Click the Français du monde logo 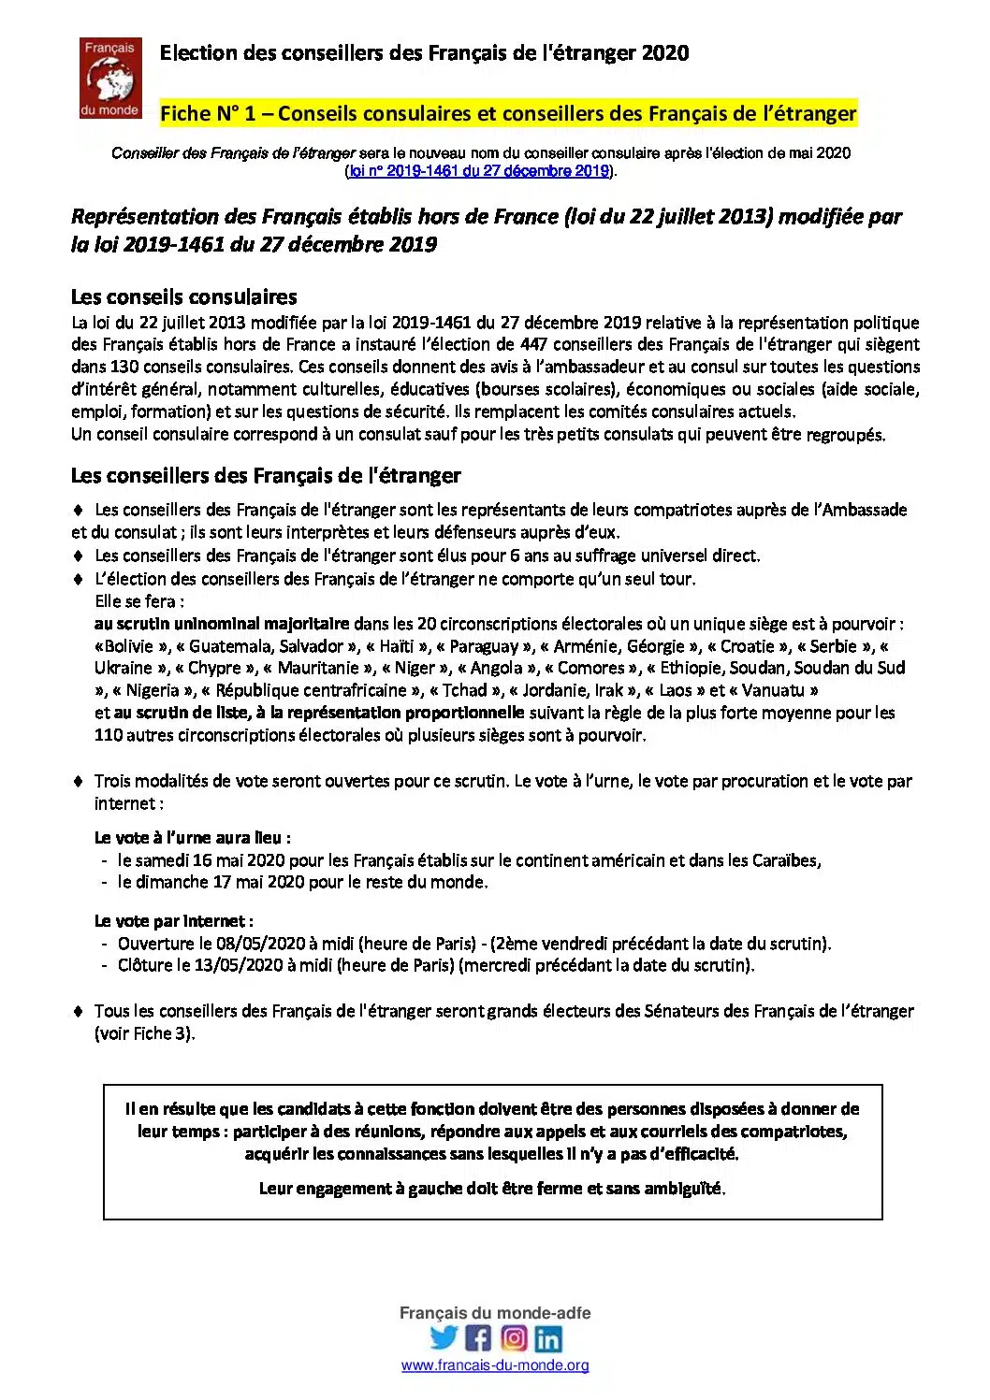[x=109, y=78]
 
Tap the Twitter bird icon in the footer [x=444, y=1337]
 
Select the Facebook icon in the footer [x=478, y=1337]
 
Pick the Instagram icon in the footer [x=514, y=1337]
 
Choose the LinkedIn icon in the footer [x=548, y=1338]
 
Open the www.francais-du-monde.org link [x=495, y=1365]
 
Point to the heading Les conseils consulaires [x=184, y=297]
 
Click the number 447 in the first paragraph [x=534, y=344]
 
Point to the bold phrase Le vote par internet [x=173, y=920]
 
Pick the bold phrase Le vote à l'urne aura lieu [x=192, y=837]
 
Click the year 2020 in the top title [x=665, y=53]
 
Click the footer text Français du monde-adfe [x=495, y=1313]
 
